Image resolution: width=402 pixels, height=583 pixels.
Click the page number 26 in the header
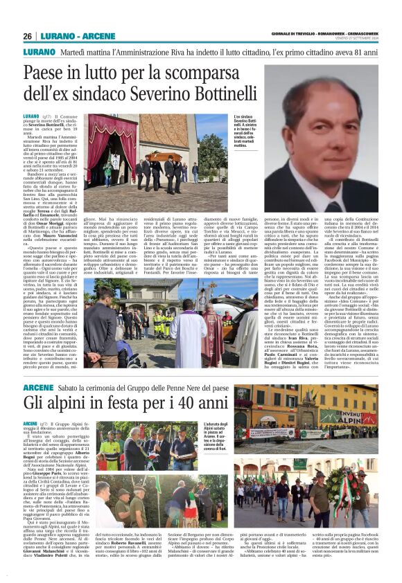[x=27, y=37]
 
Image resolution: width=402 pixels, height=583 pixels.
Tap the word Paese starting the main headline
[x=67, y=73]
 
